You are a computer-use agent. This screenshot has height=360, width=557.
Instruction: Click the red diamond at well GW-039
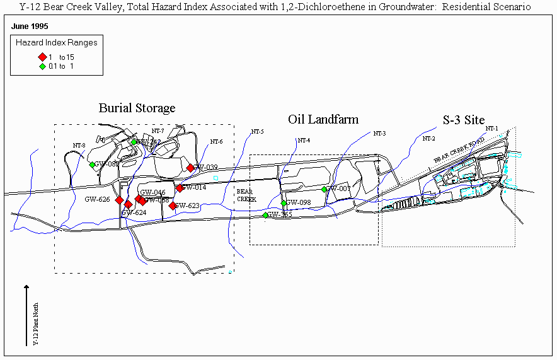click(190, 168)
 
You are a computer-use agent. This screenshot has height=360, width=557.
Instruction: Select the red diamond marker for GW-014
click(180, 188)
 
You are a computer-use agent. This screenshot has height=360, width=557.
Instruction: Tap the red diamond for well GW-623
click(173, 205)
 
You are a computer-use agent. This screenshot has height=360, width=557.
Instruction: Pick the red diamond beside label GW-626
click(119, 200)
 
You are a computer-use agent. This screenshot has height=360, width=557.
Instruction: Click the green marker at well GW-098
click(284, 203)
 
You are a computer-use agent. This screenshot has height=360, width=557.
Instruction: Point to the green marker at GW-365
click(266, 215)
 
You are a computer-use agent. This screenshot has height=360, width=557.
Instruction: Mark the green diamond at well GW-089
click(92, 165)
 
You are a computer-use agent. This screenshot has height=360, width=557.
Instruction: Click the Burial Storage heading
click(137, 108)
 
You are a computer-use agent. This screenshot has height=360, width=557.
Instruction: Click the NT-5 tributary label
click(257, 132)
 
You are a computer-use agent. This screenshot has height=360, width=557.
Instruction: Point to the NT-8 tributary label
click(79, 146)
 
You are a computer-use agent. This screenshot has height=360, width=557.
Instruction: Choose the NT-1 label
click(491, 129)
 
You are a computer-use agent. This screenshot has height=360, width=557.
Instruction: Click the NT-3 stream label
click(379, 133)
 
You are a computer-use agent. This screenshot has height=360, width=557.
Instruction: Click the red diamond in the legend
click(42, 57)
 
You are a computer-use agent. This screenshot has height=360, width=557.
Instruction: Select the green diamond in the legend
click(42, 66)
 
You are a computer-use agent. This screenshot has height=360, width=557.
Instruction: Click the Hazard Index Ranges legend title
click(57, 43)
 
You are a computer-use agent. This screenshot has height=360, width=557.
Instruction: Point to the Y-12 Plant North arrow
click(26, 315)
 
